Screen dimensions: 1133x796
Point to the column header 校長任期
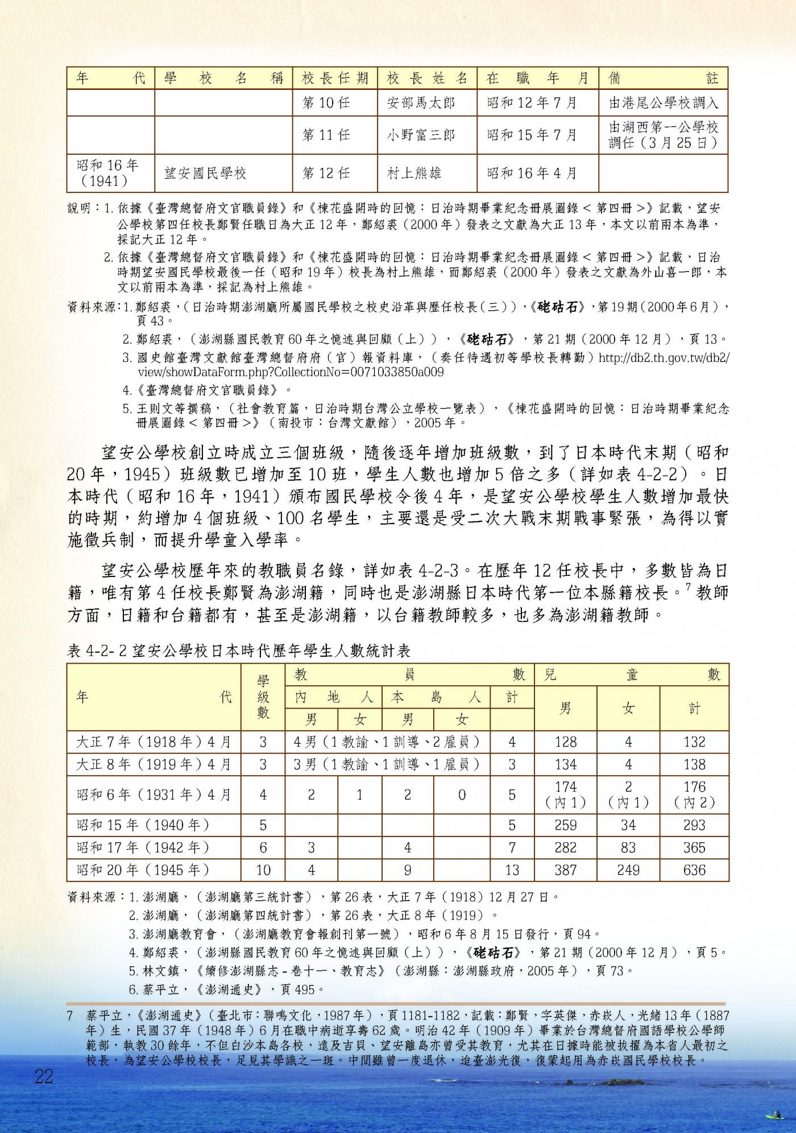coord(335,78)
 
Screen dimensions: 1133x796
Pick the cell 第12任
coord(326,173)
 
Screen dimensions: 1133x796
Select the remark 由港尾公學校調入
coord(664,103)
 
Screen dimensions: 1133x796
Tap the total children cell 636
coord(694,870)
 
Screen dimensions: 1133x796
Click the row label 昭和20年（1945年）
coord(143,870)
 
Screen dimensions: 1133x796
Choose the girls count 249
coord(628,870)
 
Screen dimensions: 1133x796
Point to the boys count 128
coord(565,742)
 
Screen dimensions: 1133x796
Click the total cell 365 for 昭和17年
coord(694,848)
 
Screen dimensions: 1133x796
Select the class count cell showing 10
coord(263,870)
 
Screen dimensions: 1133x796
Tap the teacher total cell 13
coord(512,870)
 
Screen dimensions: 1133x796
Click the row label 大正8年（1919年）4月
coord(154,764)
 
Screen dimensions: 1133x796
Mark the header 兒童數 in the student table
coord(631,675)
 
